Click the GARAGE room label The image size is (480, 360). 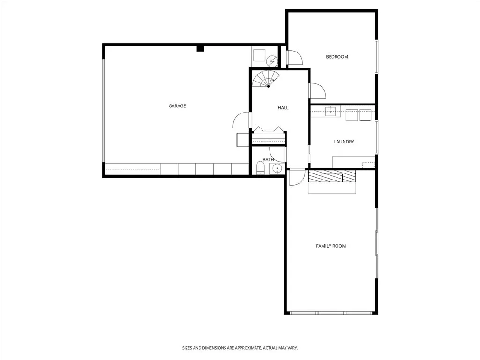[x=177, y=106]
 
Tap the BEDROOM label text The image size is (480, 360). [x=337, y=57]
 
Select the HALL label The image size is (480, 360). [x=283, y=108]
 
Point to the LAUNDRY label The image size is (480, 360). [x=344, y=142]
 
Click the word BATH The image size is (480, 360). [x=268, y=160]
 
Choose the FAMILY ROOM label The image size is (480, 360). [x=331, y=246]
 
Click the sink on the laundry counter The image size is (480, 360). [x=330, y=112]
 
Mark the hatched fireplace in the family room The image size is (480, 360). [x=332, y=176]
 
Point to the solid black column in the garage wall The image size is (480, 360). [x=200, y=48]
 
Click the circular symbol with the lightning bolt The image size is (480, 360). [x=272, y=61]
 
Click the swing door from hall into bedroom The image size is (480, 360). [x=317, y=90]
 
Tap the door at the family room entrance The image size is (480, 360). [x=297, y=177]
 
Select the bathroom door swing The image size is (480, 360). [x=277, y=154]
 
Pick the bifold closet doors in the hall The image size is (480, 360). [x=269, y=130]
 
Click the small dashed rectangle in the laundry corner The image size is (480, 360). [x=368, y=165]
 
